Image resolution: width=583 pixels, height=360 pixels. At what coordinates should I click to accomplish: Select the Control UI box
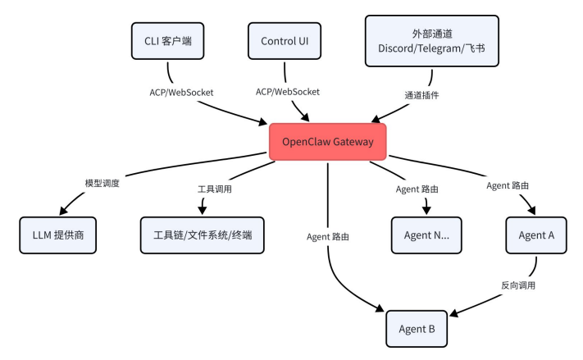click(x=284, y=40)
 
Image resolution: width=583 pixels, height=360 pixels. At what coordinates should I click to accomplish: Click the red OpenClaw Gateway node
click(x=327, y=142)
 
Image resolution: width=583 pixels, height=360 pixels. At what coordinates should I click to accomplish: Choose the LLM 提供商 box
click(x=58, y=235)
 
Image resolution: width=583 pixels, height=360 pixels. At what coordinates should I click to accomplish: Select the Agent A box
click(x=536, y=235)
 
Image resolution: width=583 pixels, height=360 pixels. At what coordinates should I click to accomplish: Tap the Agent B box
click(x=417, y=329)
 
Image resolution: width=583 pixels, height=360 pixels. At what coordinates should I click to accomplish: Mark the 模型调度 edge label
click(x=102, y=183)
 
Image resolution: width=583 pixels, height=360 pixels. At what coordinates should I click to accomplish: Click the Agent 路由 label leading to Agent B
click(x=329, y=238)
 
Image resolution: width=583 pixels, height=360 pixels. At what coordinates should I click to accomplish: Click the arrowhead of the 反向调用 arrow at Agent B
click(x=453, y=312)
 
